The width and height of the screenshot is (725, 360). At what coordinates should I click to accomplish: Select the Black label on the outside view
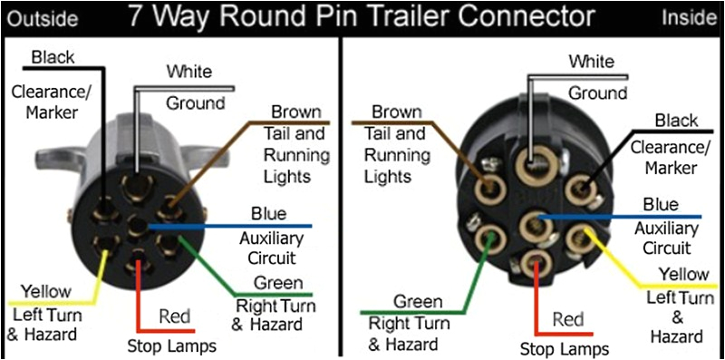click(53, 58)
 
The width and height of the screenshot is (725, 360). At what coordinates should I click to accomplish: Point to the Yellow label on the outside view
click(45, 291)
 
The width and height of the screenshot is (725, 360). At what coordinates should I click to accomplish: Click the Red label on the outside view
click(174, 316)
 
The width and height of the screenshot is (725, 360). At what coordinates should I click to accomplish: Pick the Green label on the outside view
click(278, 282)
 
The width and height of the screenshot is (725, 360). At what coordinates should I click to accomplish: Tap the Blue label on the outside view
click(269, 214)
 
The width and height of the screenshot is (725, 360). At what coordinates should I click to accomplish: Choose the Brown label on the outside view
click(295, 112)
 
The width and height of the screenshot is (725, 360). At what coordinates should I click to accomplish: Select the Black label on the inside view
click(676, 121)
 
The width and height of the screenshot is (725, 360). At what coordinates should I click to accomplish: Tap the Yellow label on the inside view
click(683, 274)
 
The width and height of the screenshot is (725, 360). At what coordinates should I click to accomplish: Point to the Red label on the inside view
click(567, 319)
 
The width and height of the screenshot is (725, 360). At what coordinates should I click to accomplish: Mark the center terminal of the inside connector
click(532, 222)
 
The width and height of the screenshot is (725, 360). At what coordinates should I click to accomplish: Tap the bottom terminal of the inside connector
click(533, 264)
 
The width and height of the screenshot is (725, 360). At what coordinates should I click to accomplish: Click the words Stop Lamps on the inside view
click(565, 348)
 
